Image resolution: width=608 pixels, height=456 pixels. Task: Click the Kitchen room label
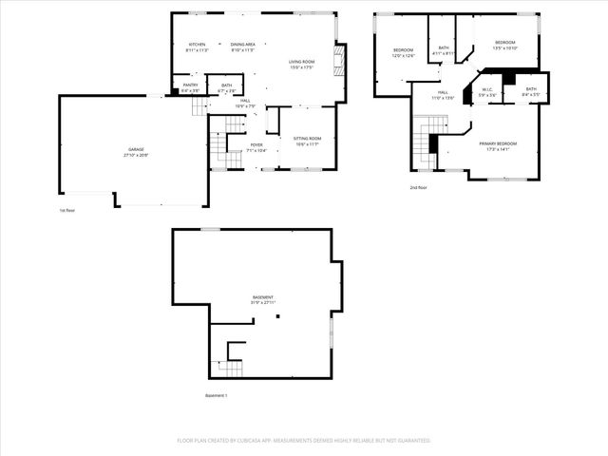[198, 45]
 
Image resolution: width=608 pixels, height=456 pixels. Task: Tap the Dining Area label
[243, 45]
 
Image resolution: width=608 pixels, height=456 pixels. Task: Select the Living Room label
[302, 63]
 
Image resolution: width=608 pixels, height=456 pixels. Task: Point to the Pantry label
[190, 85]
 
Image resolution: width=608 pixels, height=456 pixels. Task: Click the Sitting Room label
[307, 140]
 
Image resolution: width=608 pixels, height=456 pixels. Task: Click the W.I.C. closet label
[487, 91]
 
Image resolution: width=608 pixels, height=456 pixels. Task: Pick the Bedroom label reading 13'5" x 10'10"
[504, 43]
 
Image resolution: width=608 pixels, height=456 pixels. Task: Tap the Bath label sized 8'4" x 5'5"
[531, 90]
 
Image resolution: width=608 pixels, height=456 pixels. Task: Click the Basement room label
[263, 297]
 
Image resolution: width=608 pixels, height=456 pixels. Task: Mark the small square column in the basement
[277, 317]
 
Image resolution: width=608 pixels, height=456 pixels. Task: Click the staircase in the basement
[231, 366]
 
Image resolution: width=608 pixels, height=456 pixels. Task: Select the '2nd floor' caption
[419, 187]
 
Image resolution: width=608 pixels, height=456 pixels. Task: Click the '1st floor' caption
[66, 210]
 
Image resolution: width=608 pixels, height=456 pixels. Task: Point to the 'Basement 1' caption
[217, 395]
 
